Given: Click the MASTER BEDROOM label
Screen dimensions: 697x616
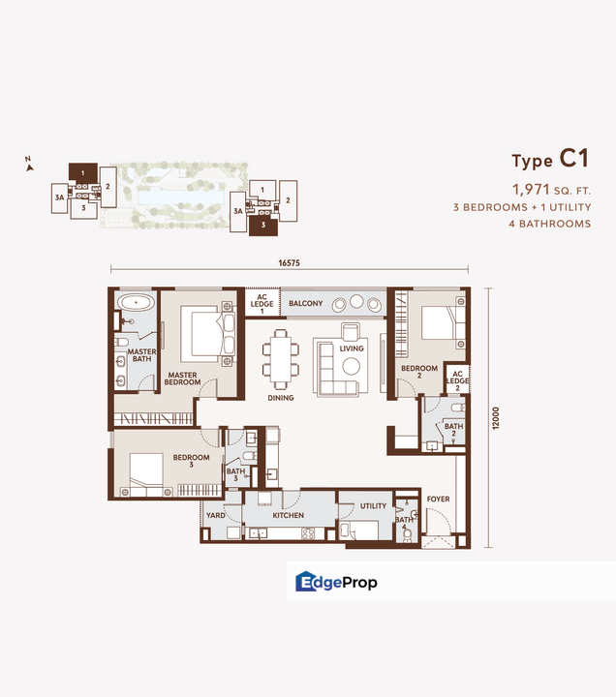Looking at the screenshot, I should (183, 379).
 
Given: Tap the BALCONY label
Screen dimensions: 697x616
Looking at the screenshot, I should (305, 304).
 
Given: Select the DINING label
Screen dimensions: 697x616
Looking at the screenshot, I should (281, 397).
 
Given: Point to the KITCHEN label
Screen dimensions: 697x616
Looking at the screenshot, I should (289, 516).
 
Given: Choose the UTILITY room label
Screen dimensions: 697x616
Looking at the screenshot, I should (373, 506).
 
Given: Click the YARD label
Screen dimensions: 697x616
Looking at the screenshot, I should (215, 516).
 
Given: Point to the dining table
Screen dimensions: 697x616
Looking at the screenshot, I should (281, 353).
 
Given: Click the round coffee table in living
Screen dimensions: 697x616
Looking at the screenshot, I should (350, 365).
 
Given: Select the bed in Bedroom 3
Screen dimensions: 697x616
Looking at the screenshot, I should (145, 473).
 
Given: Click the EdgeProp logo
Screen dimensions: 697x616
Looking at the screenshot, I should (336, 582).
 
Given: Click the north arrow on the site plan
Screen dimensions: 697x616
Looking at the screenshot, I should (30, 166).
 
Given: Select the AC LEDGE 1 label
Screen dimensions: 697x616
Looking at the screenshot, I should (262, 304).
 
